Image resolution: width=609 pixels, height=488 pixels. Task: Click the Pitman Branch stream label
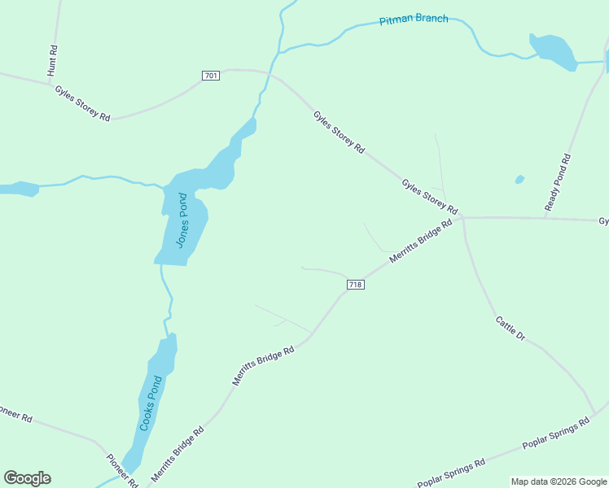coord(414,19)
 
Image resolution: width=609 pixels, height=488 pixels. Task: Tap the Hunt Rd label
coord(53,61)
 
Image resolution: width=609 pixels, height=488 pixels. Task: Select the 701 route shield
coord(211,76)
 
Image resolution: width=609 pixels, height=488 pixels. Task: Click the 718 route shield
coord(355,284)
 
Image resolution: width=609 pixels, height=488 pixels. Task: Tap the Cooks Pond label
coord(151,403)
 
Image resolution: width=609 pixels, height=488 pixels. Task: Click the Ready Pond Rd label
coord(559,184)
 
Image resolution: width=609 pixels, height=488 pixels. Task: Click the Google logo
coord(27,478)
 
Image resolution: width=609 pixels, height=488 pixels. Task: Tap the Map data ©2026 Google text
coord(559,481)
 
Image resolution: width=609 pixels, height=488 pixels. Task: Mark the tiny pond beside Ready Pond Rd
coord(519,180)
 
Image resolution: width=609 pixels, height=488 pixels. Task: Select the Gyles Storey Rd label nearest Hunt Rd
coord(82,102)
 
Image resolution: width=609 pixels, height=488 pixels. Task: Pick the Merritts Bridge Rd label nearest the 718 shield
coord(420,241)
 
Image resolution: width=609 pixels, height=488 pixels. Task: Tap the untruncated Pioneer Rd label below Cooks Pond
coord(122,470)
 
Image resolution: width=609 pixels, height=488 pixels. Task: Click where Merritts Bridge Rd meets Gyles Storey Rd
coord(461,218)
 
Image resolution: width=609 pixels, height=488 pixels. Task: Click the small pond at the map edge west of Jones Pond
coord(18,190)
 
